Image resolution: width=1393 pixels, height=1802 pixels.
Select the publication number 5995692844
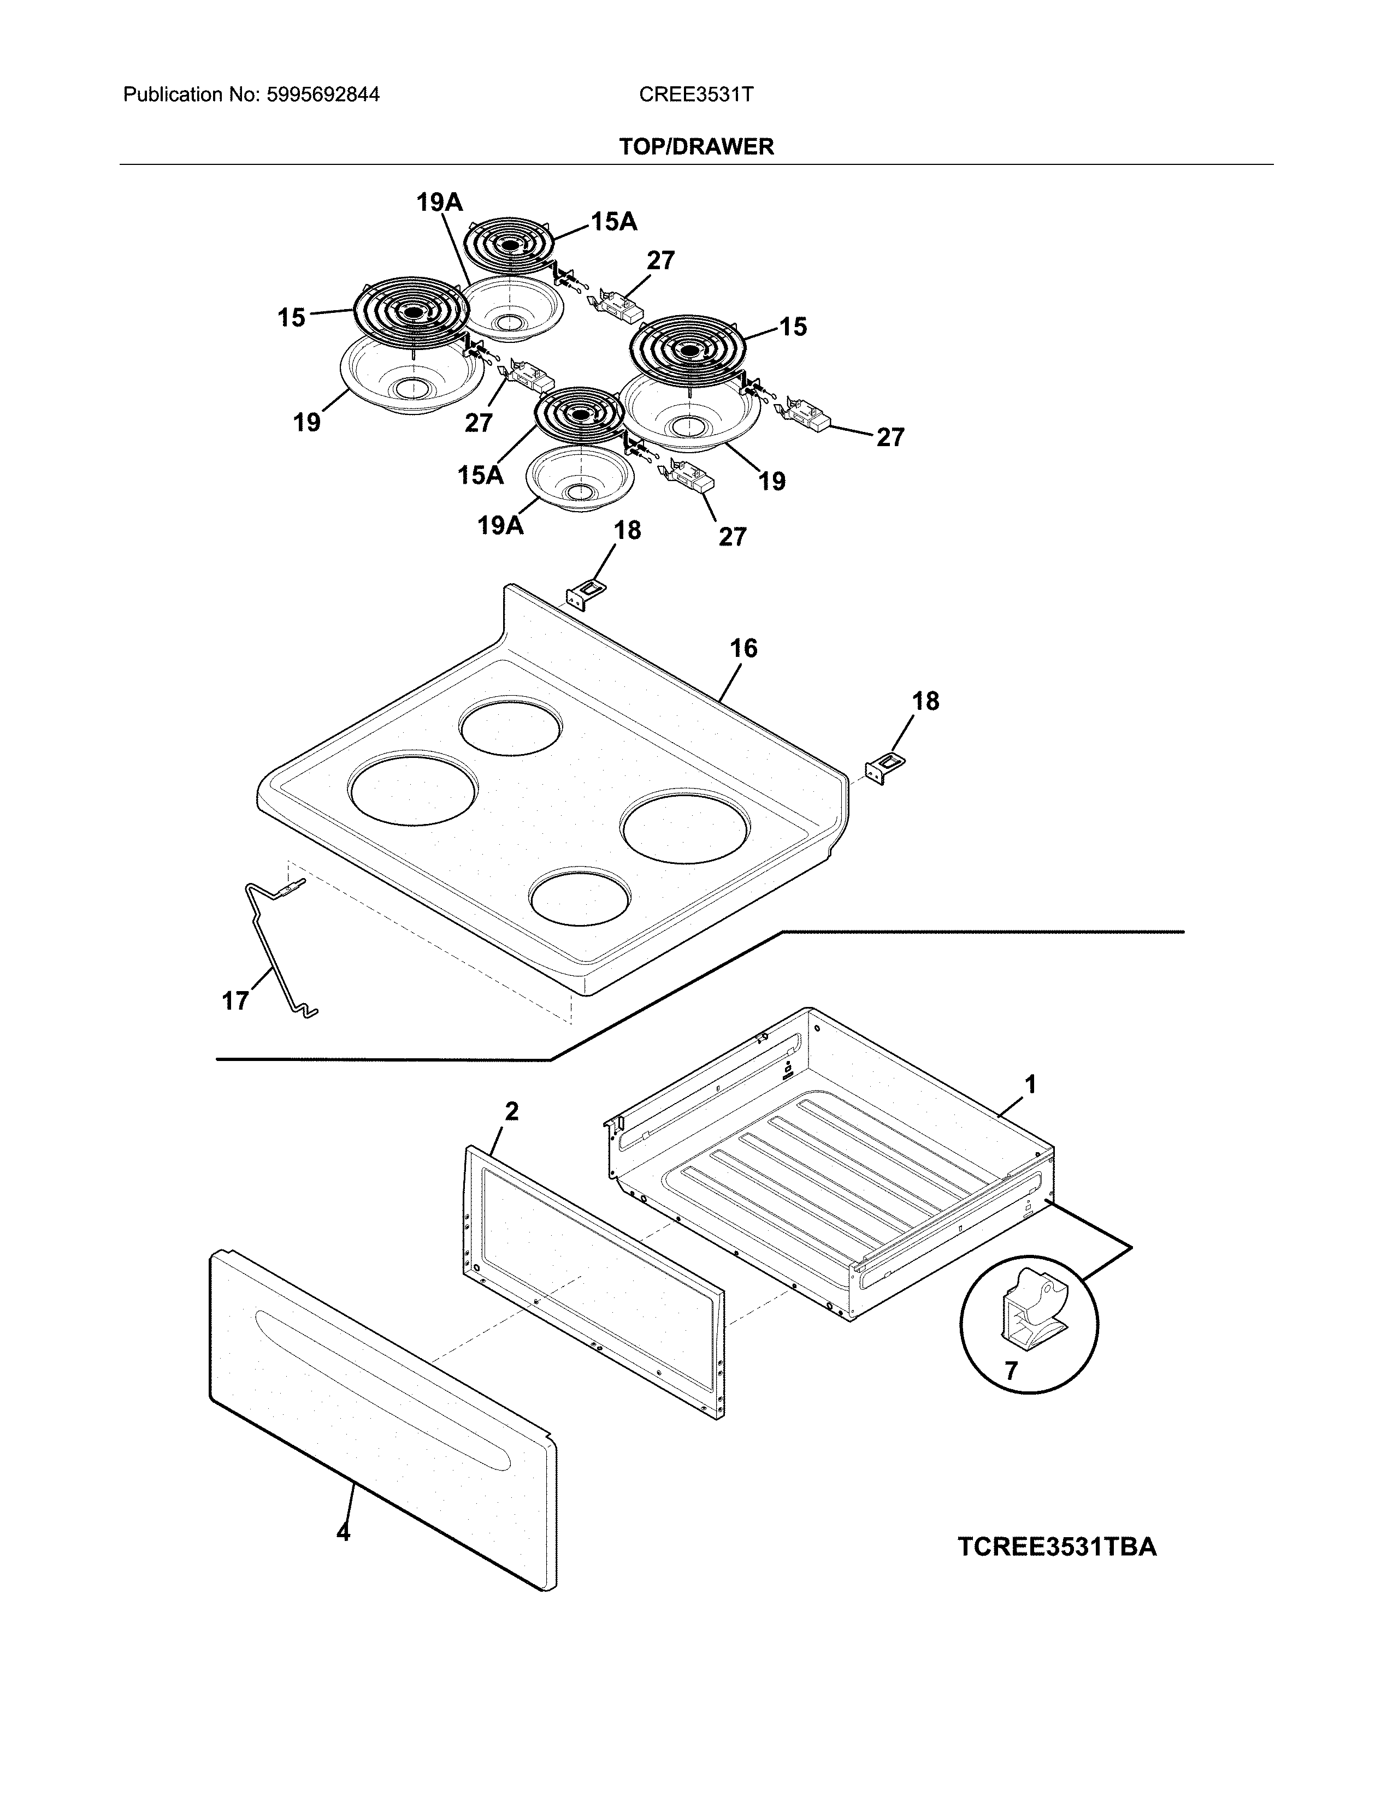323,95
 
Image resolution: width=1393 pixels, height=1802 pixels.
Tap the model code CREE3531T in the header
695,95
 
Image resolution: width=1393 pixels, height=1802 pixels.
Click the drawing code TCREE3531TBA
1056,1547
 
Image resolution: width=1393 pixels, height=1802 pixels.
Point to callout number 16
743,649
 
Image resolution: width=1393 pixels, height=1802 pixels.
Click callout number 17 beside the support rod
235,1001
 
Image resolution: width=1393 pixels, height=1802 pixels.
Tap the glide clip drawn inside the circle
1031,1312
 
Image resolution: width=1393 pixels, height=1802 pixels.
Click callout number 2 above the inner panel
512,1111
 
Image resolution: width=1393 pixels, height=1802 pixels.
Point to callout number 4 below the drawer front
343,1533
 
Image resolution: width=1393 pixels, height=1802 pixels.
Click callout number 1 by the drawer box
1030,1083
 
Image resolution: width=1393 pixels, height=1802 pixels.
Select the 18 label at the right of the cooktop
925,701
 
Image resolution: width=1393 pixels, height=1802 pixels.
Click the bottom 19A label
500,525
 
